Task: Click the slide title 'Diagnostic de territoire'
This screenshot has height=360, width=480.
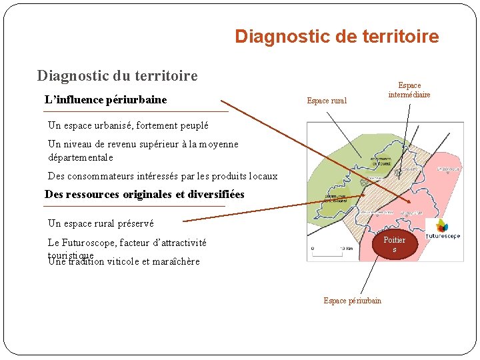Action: (x=337, y=36)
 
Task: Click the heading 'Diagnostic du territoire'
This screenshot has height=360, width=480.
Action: (x=117, y=75)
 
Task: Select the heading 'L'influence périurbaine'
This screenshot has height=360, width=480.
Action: (x=105, y=100)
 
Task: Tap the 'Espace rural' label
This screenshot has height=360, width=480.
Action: (x=327, y=101)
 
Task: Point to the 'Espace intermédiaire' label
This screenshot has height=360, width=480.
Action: (x=409, y=90)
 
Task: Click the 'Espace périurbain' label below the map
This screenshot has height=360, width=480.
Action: (x=352, y=301)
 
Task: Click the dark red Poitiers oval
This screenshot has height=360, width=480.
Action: (x=394, y=244)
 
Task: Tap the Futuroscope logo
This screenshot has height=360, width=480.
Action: (x=443, y=231)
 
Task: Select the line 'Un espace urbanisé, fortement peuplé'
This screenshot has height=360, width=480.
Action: (x=128, y=125)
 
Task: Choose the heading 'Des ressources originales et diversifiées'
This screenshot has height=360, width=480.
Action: (x=144, y=195)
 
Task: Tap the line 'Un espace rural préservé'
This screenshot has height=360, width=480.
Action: (x=101, y=223)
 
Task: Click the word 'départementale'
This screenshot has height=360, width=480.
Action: (x=81, y=157)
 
